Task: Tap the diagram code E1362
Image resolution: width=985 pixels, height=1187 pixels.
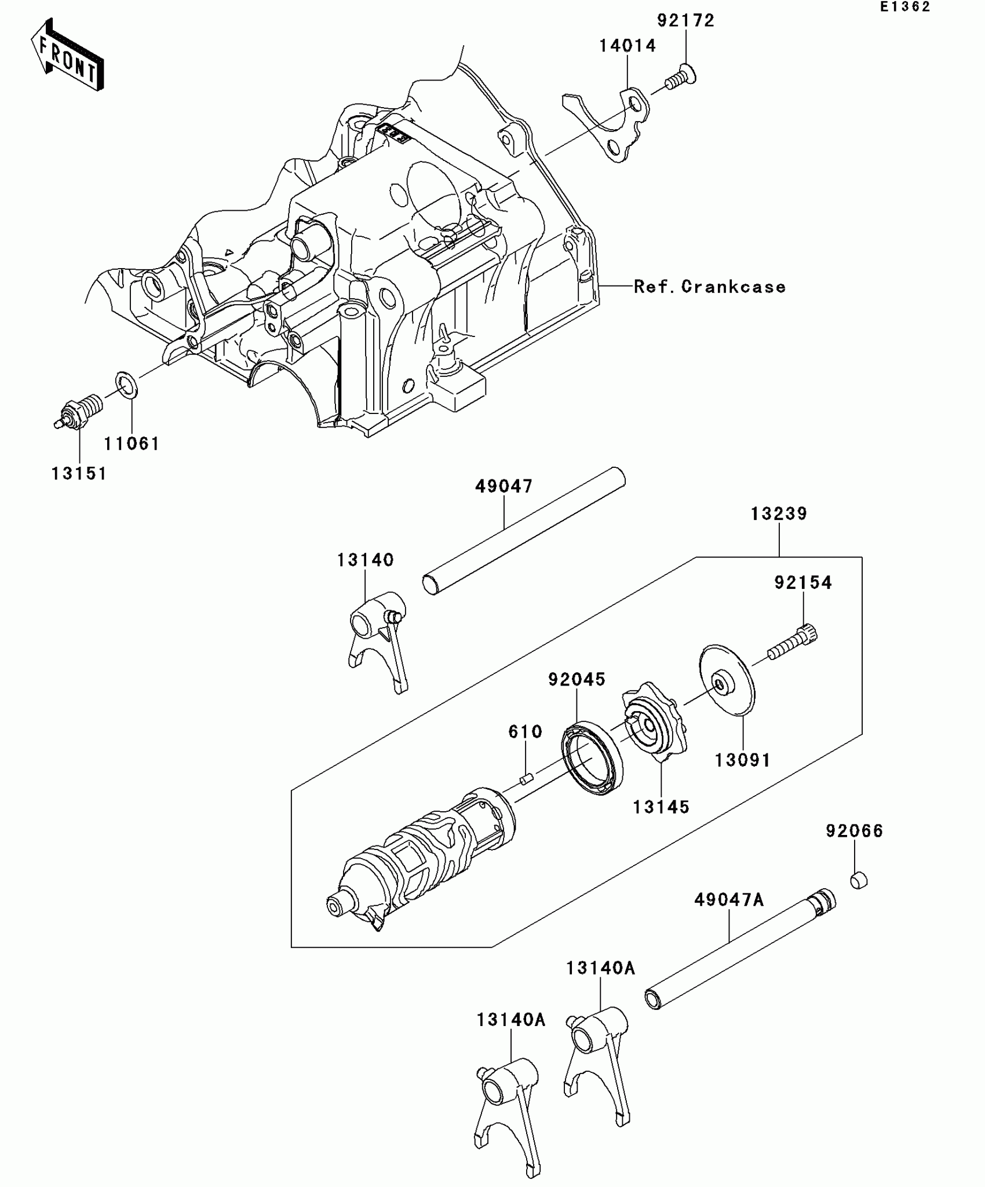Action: [904, 8]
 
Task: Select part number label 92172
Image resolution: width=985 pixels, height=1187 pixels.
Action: [685, 21]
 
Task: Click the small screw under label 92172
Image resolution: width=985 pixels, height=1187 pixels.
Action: [680, 78]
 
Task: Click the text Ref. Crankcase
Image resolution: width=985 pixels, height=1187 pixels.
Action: [709, 287]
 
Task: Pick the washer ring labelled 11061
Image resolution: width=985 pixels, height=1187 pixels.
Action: [127, 386]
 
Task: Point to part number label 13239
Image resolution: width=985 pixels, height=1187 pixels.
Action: [779, 514]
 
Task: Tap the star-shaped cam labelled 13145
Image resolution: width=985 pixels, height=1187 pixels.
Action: [655, 727]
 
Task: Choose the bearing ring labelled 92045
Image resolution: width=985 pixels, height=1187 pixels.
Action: [592, 758]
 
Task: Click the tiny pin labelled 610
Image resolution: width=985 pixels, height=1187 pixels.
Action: [526, 779]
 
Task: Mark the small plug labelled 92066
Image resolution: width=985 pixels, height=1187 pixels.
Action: [859, 881]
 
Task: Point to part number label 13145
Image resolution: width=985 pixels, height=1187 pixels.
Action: [661, 807]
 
